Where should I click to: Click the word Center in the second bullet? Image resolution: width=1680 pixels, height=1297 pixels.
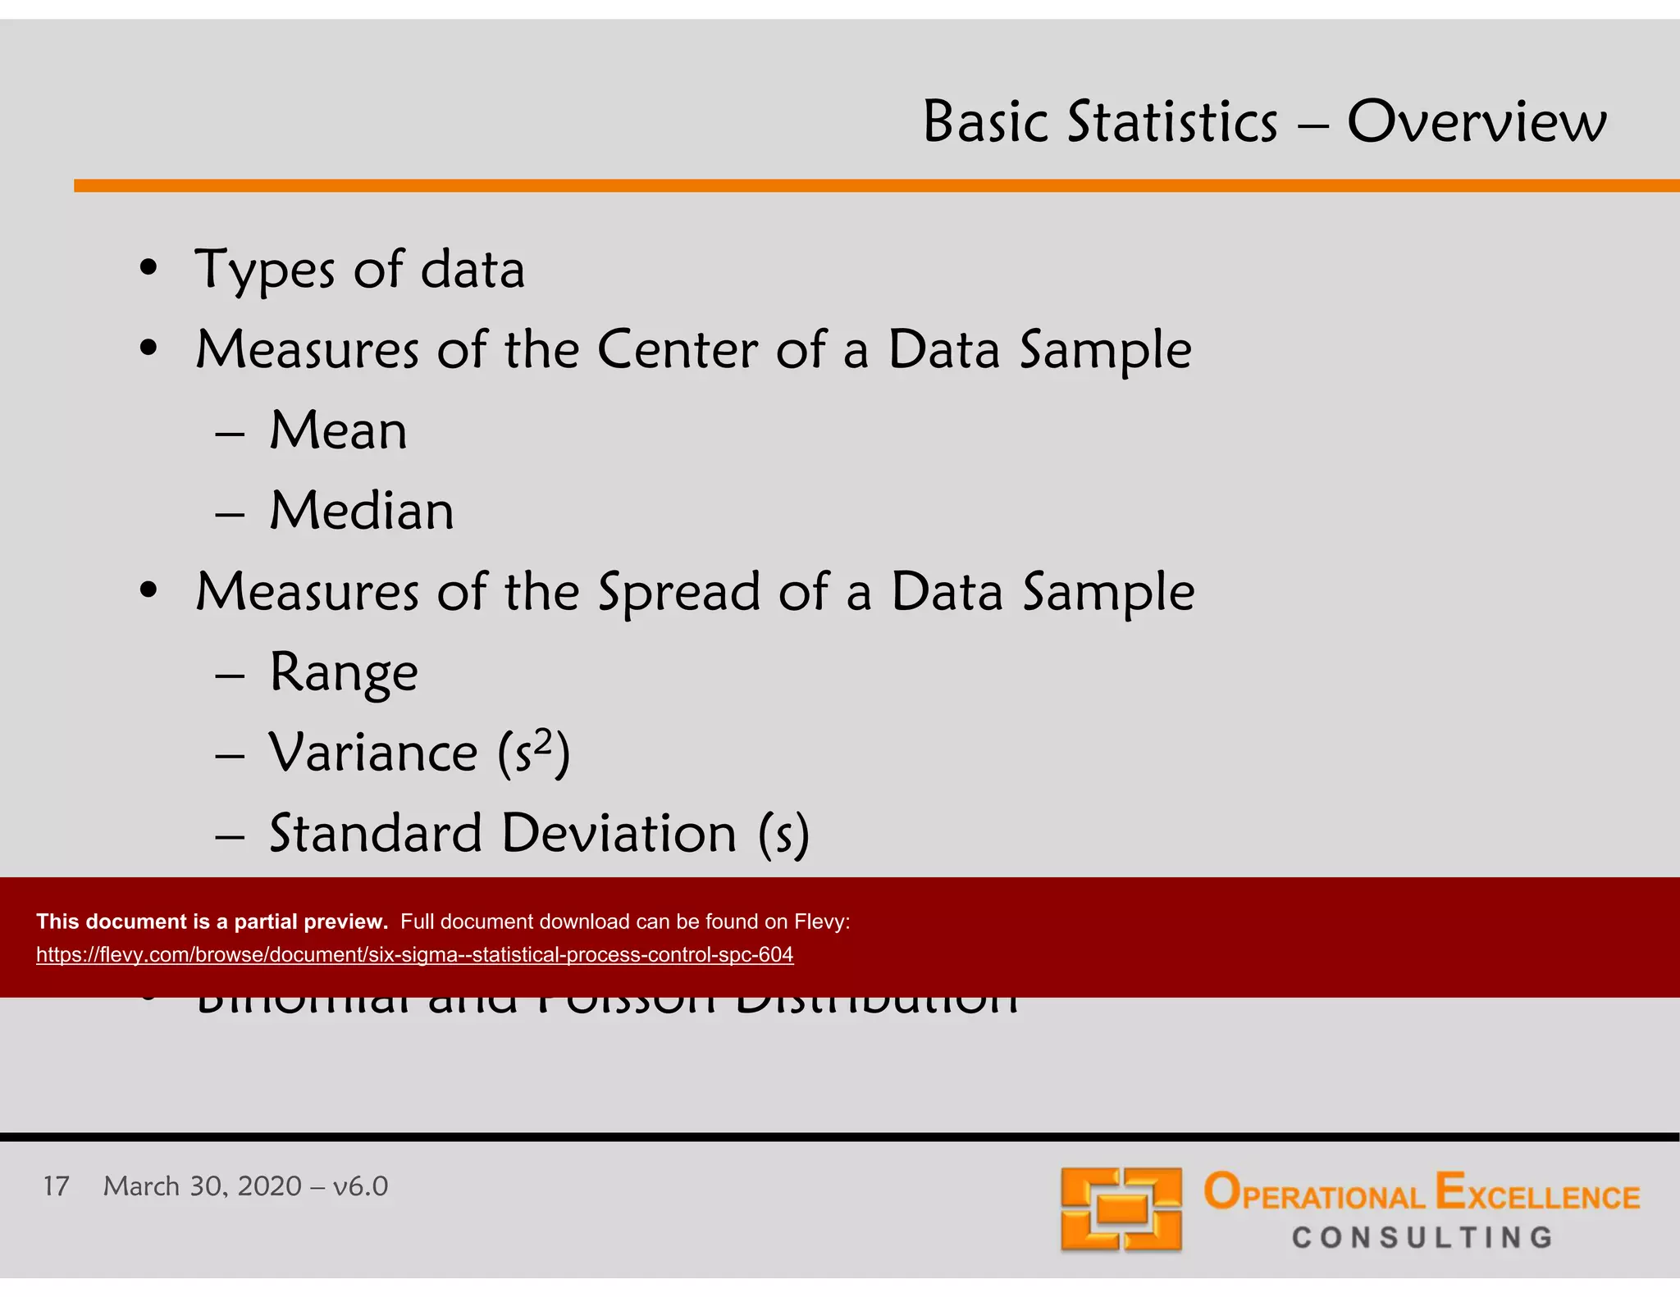[x=677, y=350]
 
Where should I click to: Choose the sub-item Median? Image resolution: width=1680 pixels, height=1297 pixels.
[x=361, y=511]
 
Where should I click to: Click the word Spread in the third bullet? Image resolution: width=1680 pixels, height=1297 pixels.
[x=679, y=593]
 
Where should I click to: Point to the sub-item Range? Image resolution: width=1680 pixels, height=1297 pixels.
[x=344, y=673]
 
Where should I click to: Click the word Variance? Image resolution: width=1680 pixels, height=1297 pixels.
[x=373, y=753]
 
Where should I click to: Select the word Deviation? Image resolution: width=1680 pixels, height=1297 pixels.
[x=619, y=834]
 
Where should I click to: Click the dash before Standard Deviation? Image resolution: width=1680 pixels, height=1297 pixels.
[x=230, y=836]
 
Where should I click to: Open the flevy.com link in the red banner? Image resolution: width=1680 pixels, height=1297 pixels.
[x=414, y=955]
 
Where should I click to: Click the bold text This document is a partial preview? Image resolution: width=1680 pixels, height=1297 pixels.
[x=212, y=922]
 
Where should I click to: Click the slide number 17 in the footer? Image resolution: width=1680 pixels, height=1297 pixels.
[x=56, y=1186]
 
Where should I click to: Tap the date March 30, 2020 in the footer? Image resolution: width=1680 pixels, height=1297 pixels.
[x=202, y=1186]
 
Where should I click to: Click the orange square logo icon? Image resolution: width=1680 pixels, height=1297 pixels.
[x=1121, y=1208]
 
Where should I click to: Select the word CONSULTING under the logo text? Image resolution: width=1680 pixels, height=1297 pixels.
[x=1422, y=1238]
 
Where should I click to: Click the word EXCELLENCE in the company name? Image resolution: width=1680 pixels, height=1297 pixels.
[x=1537, y=1194]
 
